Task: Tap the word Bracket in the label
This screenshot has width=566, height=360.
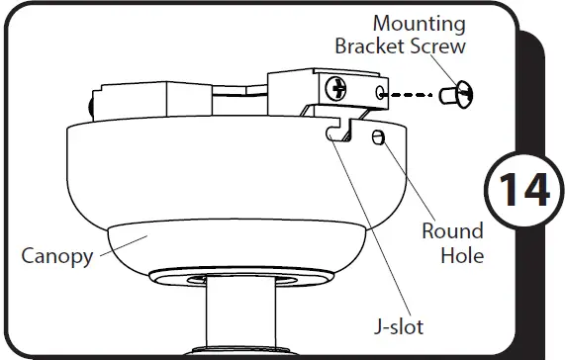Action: tap(367, 46)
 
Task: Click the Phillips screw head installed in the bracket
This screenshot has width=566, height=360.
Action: tap(339, 88)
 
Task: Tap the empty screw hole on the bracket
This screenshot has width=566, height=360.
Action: tap(382, 94)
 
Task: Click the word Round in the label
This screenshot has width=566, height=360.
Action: tap(452, 231)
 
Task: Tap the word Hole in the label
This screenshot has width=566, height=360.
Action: tap(461, 255)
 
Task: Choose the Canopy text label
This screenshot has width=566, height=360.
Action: tap(57, 256)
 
